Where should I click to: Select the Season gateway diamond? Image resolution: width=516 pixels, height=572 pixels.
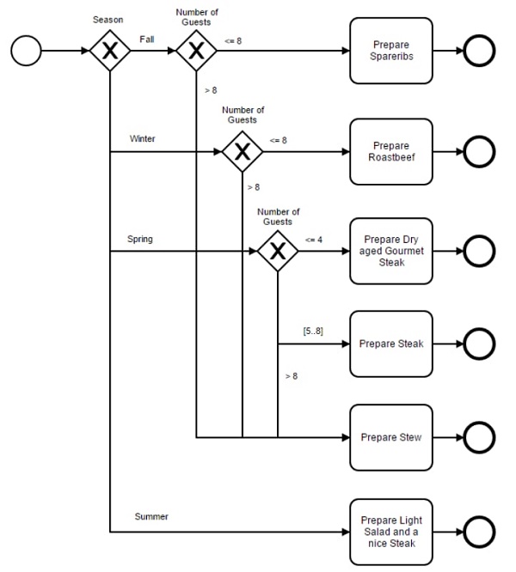(x=110, y=51)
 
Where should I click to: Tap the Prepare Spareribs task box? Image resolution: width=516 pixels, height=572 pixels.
(x=391, y=51)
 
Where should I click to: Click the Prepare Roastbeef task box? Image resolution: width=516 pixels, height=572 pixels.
(x=391, y=151)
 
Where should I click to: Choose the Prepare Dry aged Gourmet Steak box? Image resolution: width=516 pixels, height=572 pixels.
(x=391, y=251)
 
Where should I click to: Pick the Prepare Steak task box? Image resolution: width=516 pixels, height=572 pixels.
(x=391, y=344)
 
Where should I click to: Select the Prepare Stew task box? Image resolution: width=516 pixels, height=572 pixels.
(x=391, y=437)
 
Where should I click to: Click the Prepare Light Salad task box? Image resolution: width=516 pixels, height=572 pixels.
(x=391, y=532)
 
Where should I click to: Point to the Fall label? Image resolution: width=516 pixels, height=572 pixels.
(x=147, y=40)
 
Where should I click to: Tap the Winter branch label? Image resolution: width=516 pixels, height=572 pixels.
(x=143, y=138)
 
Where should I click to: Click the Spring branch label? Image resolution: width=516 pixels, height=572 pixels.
(x=140, y=240)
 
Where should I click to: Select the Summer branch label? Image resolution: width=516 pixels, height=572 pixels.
(x=151, y=516)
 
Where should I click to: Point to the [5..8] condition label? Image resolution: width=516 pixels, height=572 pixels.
(x=313, y=331)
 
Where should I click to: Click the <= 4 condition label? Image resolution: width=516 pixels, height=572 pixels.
(x=314, y=240)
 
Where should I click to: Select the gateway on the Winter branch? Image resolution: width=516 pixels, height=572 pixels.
(x=243, y=151)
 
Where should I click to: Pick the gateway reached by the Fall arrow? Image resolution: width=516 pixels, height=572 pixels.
(x=196, y=51)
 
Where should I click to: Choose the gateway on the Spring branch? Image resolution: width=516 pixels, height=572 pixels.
(x=278, y=251)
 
